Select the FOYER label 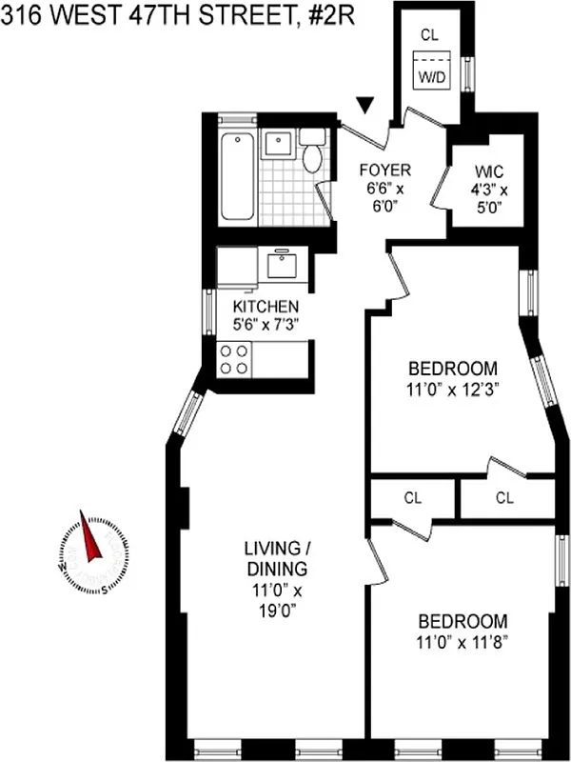pyautogui.click(x=384, y=170)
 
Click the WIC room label pyautogui.click(x=491, y=171)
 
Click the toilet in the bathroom pyautogui.click(x=312, y=154)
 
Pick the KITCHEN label pyautogui.click(x=266, y=307)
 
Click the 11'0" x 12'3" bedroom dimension pyautogui.click(x=453, y=389)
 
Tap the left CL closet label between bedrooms pyautogui.click(x=412, y=497)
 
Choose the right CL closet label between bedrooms pyautogui.click(x=504, y=497)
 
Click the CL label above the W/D pyautogui.click(x=429, y=34)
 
